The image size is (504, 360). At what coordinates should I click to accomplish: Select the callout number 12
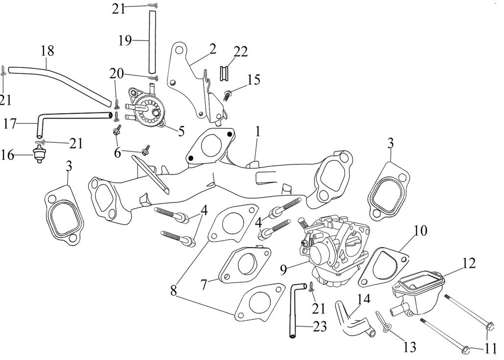coord(468,263)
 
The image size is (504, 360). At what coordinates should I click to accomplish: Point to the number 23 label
coord(320,327)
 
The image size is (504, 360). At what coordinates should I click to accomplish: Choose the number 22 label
coord(241,51)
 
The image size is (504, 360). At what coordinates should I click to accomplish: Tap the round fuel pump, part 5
coord(147,109)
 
